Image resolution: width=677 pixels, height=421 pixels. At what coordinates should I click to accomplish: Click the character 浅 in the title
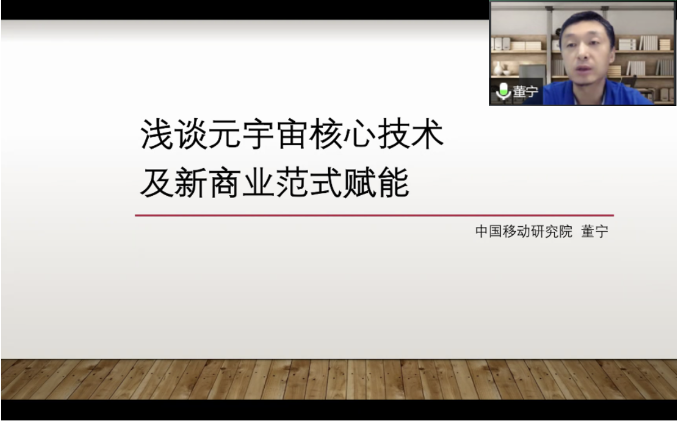click(x=157, y=134)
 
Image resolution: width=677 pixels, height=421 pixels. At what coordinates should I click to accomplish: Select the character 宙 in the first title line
click(x=292, y=134)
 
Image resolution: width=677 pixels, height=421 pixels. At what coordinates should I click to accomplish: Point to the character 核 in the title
click(x=326, y=134)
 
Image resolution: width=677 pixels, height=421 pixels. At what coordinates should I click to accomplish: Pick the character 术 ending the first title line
click(x=427, y=134)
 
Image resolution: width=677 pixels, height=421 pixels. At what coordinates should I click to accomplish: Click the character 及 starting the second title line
click(x=157, y=182)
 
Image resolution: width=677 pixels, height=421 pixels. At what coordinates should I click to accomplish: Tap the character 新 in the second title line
click(x=190, y=182)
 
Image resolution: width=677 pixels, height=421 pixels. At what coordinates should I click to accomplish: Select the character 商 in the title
click(x=224, y=182)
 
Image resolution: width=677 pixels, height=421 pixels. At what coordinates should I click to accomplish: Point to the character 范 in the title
click(x=292, y=182)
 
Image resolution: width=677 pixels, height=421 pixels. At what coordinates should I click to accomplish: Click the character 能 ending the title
click(x=394, y=182)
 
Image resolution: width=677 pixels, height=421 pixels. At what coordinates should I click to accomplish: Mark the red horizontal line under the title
click(x=374, y=216)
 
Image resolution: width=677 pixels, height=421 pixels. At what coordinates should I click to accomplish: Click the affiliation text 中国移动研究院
click(x=523, y=231)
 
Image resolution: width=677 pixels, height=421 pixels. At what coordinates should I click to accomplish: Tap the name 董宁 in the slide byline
click(x=595, y=231)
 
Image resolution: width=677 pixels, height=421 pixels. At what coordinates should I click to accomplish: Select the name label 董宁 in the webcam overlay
click(x=525, y=91)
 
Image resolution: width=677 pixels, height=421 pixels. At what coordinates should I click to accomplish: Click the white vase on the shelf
click(x=498, y=69)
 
